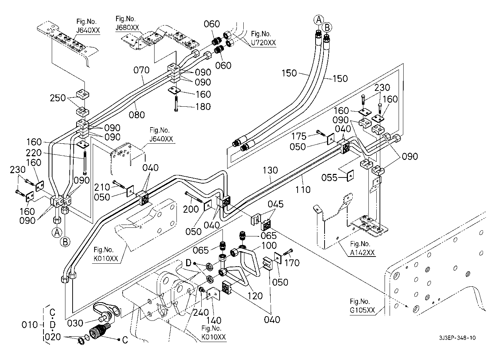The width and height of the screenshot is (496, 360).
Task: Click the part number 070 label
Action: click(141, 70)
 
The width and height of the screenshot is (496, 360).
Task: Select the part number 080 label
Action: click(137, 115)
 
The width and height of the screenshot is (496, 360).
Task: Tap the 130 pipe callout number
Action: click(270, 170)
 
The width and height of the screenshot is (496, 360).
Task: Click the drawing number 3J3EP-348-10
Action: click(458, 338)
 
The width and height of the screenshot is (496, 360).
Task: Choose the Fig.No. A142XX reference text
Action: click(363, 248)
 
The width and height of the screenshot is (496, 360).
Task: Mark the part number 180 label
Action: click(203, 107)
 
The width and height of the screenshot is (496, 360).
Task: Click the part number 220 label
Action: click(34, 153)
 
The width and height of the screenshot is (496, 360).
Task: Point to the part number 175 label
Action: click(299, 136)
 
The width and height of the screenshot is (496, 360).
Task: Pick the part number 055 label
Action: click(329, 177)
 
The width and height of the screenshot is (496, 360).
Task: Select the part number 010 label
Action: click(29, 325)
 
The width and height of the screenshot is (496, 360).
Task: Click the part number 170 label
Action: click(291, 263)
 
